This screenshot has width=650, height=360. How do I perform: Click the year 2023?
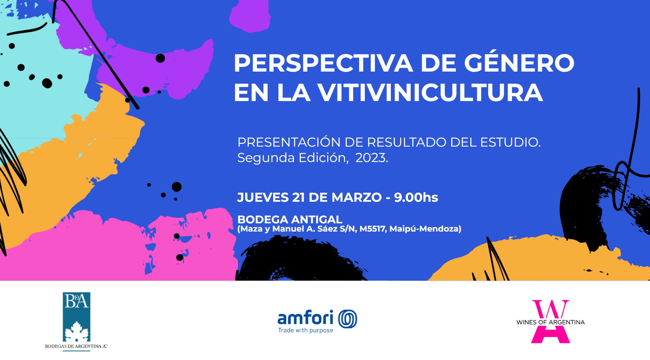(x=371, y=158)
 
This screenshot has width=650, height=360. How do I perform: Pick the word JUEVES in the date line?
(x=263, y=197)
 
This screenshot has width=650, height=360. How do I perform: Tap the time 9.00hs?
(x=416, y=197)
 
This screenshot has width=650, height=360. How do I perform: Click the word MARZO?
(x=357, y=197)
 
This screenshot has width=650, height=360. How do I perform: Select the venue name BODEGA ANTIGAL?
(x=290, y=219)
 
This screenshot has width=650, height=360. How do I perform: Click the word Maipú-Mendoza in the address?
(x=425, y=229)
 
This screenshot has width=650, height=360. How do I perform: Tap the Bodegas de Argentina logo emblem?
(x=76, y=317)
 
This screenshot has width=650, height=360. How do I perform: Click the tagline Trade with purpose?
(x=305, y=330)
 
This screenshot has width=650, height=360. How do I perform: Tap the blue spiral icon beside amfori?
(x=347, y=319)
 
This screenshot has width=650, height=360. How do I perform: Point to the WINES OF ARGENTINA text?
(x=550, y=322)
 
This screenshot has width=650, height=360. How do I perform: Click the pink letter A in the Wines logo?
(x=550, y=334)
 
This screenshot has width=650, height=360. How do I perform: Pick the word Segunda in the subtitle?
(x=266, y=158)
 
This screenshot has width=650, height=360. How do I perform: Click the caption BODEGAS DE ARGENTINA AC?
(x=76, y=346)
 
